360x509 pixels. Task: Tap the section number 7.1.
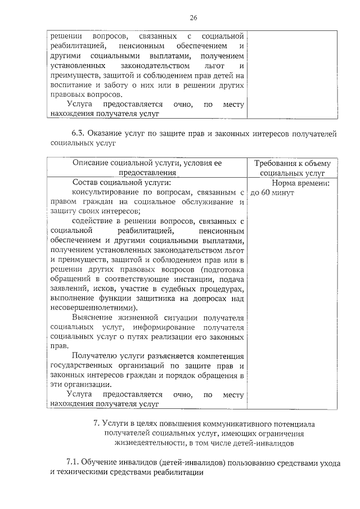click(x=74, y=462)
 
